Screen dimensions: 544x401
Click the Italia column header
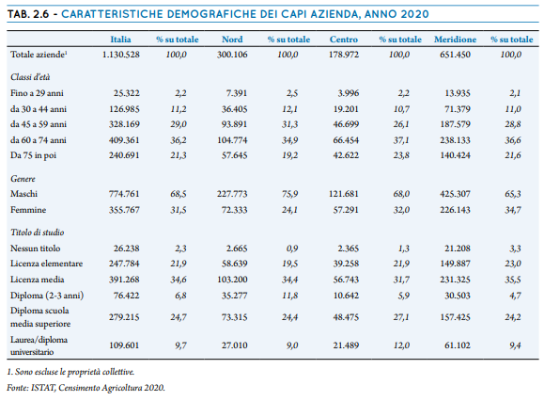point(120,40)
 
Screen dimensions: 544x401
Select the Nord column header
point(232,40)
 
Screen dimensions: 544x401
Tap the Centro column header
point(344,40)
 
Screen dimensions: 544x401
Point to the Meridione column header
point(455,40)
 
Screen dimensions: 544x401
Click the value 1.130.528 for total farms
point(121,55)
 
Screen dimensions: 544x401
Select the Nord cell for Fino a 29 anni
point(237,93)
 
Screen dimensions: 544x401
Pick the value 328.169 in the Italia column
point(124,124)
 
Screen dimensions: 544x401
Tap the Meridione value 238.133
point(455,140)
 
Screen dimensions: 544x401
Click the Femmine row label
point(28,210)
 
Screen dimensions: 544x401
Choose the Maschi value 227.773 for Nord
point(232,194)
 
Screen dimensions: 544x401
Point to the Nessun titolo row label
point(36,249)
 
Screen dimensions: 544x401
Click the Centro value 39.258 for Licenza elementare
point(346,264)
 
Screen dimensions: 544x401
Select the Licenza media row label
point(38,280)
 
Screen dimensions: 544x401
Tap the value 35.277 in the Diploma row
point(235,296)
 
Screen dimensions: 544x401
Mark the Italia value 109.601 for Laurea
point(124,345)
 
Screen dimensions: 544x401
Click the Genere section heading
point(23,179)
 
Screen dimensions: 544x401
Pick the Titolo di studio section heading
point(38,233)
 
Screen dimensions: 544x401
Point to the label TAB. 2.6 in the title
point(28,14)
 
